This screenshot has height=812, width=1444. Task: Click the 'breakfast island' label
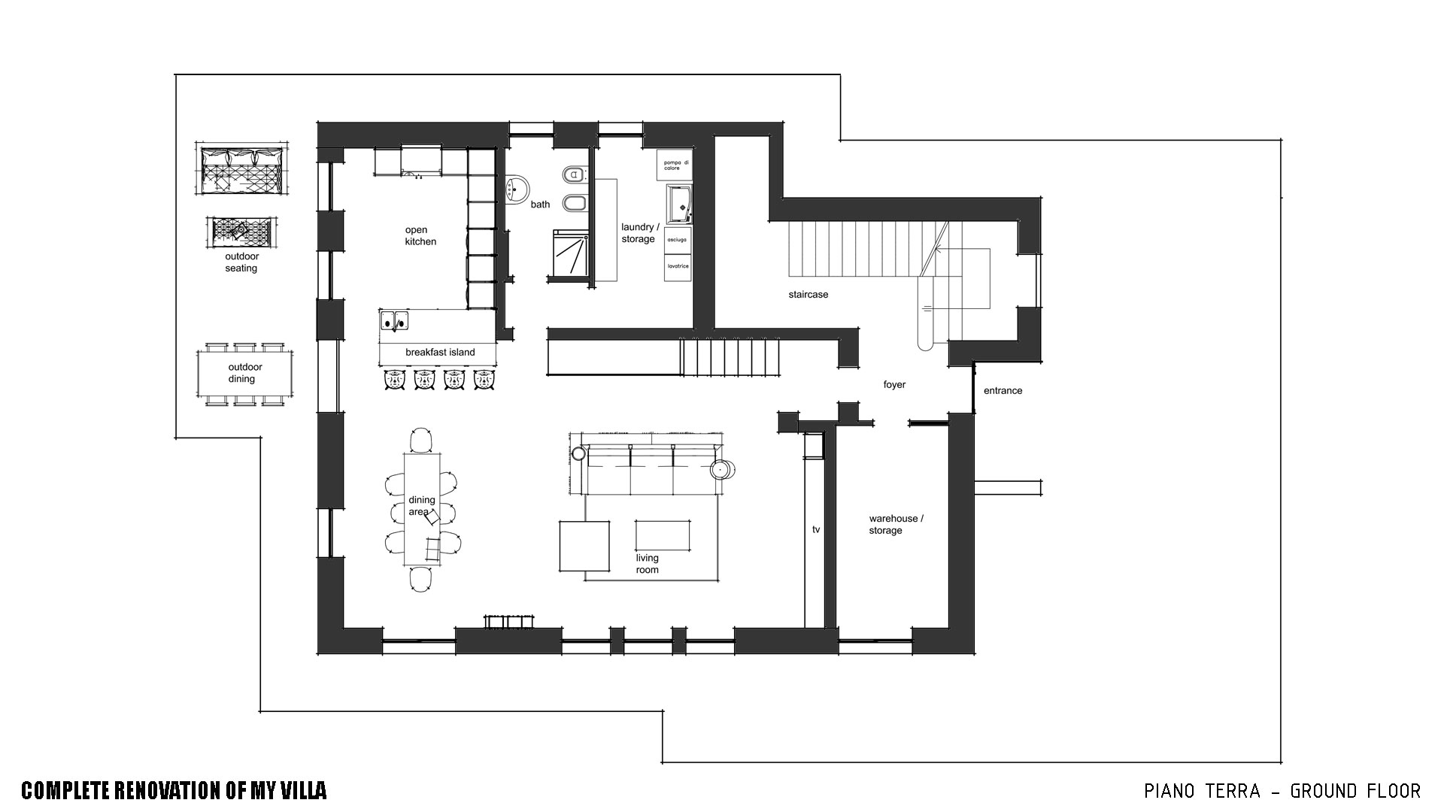tap(440, 352)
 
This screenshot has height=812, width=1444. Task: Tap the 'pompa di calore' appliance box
tap(675, 165)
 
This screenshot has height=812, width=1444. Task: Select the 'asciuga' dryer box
tap(677, 240)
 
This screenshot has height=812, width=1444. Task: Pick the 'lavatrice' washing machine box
tap(677, 267)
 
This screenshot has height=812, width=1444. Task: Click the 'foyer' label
tap(894, 385)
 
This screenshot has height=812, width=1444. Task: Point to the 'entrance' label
tap(1003, 391)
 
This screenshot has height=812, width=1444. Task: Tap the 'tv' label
tap(816, 529)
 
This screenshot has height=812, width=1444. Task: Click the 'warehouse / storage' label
tap(896, 524)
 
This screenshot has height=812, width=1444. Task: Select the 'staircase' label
tap(808, 295)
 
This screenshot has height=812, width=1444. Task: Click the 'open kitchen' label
tap(420, 235)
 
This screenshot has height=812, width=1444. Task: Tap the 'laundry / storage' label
tap(639, 233)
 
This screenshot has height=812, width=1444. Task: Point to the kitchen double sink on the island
tap(393, 320)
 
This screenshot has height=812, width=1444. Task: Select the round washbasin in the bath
tap(516, 188)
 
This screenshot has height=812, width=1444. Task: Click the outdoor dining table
tap(241, 374)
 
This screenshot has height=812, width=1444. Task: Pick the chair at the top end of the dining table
tap(422, 440)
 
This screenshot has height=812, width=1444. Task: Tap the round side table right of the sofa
tap(721, 469)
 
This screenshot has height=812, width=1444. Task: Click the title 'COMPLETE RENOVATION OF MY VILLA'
tap(174, 790)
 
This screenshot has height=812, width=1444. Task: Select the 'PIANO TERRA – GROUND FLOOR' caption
tap(1282, 791)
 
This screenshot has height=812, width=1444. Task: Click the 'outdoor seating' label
tap(241, 262)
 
